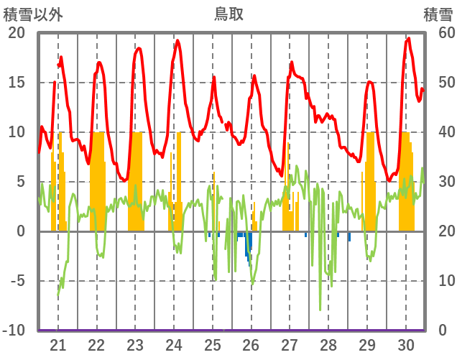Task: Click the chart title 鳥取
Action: [x=228, y=14]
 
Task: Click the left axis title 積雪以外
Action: [x=33, y=14]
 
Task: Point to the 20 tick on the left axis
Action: [x=16, y=33]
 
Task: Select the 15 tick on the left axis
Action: [x=16, y=83]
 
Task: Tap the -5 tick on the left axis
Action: [x=16, y=281]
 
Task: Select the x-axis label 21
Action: [x=58, y=345]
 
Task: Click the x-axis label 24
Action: [x=174, y=345]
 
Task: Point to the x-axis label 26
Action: [x=251, y=345]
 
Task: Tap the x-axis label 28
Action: [x=328, y=345]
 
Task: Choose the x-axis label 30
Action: [x=405, y=345]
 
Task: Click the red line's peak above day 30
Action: [x=408, y=39]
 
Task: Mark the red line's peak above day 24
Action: [x=177, y=41]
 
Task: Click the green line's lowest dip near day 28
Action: [x=320, y=310]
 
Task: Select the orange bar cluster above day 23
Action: [x=136, y=181]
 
